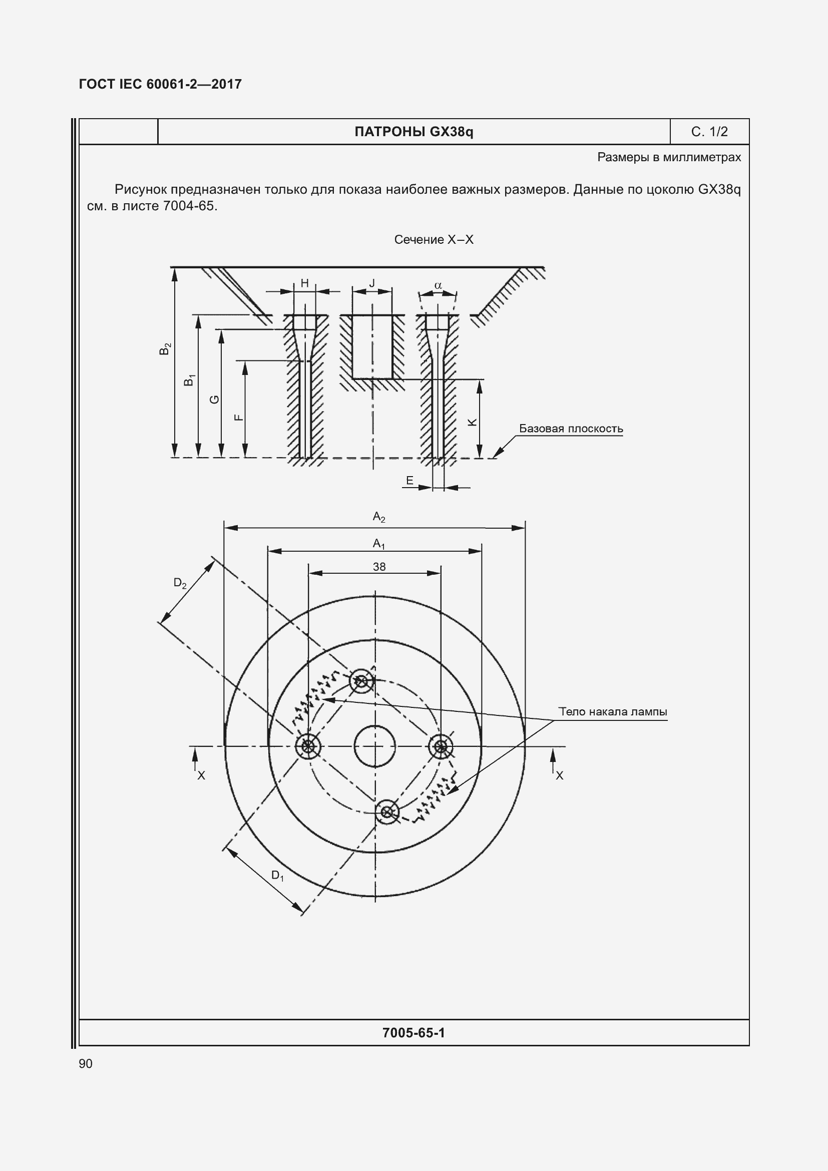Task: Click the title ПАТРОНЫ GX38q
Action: click(413, 132)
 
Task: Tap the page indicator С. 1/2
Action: click(709, 132)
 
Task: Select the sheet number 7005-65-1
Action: click(413, 1033)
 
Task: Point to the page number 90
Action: click(86, 1063)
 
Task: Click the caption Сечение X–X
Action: click(434, 240)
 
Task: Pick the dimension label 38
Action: click(379, 567)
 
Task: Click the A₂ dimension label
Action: click(379, 518)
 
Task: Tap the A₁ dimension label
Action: click(379, 544)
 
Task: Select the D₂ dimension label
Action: click(180, 583)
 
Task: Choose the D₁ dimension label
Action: click(277, 876)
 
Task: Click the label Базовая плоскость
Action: click(571, 429)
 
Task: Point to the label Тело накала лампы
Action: click(612, 711)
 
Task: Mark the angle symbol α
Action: click(438, 285)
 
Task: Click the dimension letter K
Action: click(472, 423)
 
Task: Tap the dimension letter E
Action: click(409, 481)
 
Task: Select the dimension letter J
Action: click(372, 283)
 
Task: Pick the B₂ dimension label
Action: click(165, 349)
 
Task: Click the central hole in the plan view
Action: click(375, 746)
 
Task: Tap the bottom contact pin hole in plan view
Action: click(387, 812)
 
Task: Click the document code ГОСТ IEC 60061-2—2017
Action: click(160, 84)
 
